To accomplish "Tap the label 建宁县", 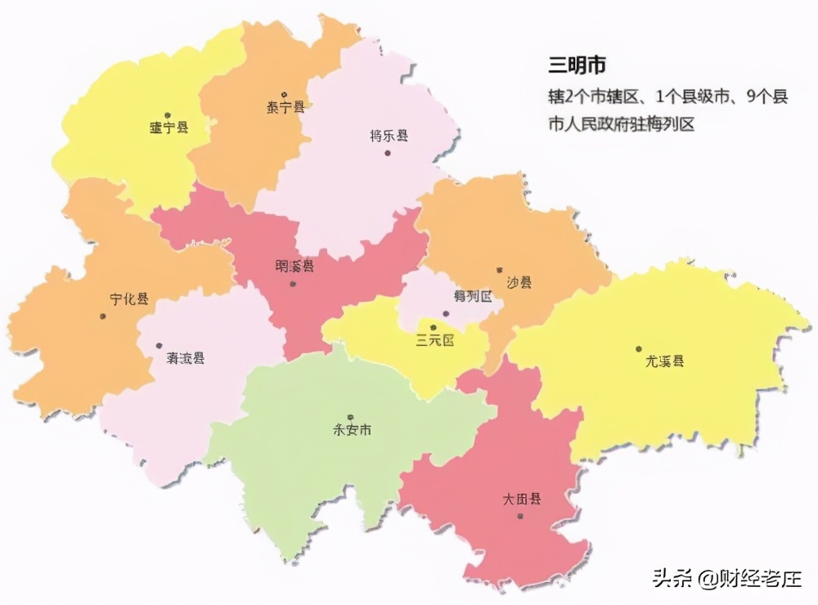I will click(169, 128).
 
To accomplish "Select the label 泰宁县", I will click(285, 108).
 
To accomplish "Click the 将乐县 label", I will click(389, 136).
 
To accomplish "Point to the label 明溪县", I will click(294, 267).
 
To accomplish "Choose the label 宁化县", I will click(129, 299).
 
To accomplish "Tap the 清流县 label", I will click(186, 358).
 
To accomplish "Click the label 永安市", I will click(352, 430).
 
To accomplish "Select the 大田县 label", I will click(522, 499).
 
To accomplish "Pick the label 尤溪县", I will click(665, 361).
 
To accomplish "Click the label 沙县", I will click(519, 283).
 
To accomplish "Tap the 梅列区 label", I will click(472, 296).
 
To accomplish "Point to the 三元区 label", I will click(434, 341).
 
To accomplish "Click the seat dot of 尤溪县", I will click(639, 349).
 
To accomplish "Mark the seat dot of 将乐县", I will click(388, 151).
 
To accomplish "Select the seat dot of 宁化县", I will click(103, 315).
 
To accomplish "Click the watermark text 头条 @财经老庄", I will click(726, 579).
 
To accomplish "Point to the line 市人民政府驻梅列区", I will click(621, 124).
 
